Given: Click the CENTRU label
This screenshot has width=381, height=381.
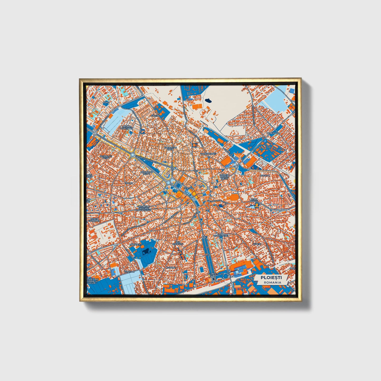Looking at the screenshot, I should coord(188,188).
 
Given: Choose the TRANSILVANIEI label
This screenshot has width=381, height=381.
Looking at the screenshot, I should coord(208,153).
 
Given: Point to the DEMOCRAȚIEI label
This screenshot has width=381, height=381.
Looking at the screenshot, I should coord(221,235).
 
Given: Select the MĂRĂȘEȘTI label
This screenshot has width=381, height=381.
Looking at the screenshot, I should coord(136,245).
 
